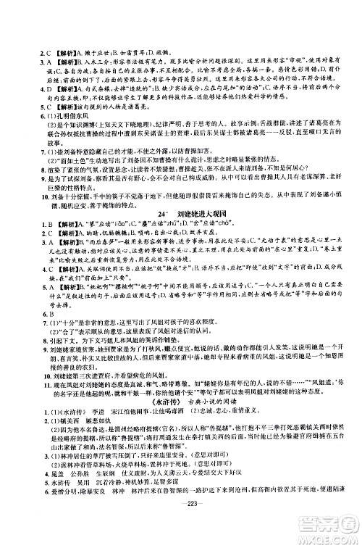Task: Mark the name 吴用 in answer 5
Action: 82,500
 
